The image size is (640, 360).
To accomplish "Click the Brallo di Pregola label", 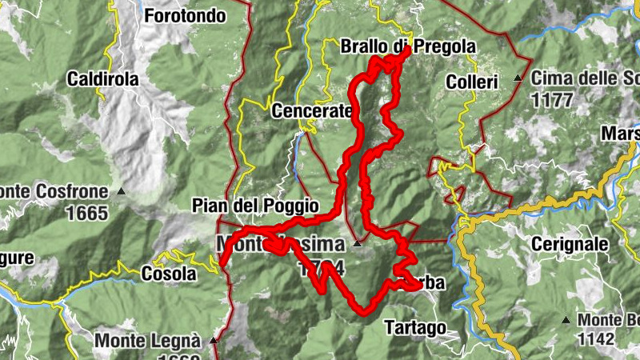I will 407,46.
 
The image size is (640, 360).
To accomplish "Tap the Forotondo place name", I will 186,15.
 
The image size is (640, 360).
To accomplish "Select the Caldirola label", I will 103,79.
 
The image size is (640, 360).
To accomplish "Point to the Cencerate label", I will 312,110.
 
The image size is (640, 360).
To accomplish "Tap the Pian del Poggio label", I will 255,206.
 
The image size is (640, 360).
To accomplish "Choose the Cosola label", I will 169,274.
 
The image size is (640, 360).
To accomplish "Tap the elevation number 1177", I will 551,100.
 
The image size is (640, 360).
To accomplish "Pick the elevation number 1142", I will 595,339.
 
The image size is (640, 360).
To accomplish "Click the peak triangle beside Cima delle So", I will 518,78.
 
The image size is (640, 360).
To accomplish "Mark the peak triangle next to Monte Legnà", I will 214,340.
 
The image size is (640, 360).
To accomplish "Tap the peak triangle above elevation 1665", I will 121,191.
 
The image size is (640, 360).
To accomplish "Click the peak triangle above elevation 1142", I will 566,320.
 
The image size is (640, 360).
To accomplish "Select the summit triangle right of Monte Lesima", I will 358,243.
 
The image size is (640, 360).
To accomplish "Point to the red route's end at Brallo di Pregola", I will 407,50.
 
